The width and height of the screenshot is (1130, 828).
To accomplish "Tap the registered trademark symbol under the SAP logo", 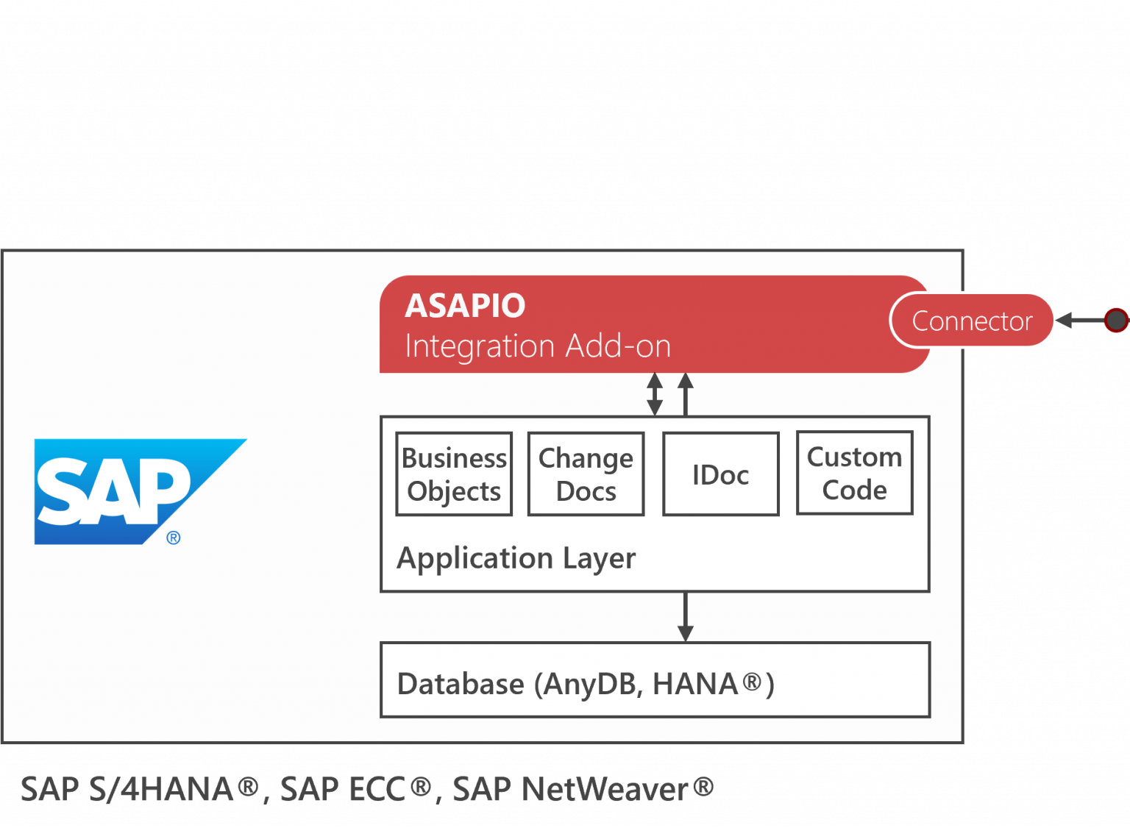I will pyautogui.click(x=174, y=538).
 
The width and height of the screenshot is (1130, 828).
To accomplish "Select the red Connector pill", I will pyautogui.click(x=972, y=321).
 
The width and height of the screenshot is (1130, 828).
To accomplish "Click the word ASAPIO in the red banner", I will pyautogui.click(x=465, y=305).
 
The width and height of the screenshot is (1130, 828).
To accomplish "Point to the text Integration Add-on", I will pyautogui.click(x=538, y=346).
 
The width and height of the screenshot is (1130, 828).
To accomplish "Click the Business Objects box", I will pyautogui.click(x=454, y=474).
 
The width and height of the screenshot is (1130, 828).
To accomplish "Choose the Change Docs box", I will pyautogui.click(x=586, y=474).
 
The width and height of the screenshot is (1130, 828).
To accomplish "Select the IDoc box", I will pyautogui.click(x=720, y=474).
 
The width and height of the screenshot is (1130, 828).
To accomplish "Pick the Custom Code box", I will pyautogui.click(x=854, y=473).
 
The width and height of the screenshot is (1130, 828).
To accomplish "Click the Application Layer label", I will pyautogui.click(x=516, y=558).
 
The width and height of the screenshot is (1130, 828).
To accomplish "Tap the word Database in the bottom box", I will pyautogui.click(x=461, y=684).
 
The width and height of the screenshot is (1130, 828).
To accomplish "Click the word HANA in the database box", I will pyautogui.click(x=694, y=684).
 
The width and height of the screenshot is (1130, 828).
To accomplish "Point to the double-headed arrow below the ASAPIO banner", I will pyautogui.click(x=654, y=394).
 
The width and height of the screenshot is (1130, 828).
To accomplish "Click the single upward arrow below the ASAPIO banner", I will pyautogui.click(x=685, y=394).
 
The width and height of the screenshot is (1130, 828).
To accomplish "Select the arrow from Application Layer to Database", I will pyautogui.click(x=685, y=616).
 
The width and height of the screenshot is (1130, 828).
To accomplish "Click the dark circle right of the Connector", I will pyautogui.click(x=1116, y=320).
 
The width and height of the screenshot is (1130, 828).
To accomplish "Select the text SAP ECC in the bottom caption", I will pyautogui.click(x=343, y=789).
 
